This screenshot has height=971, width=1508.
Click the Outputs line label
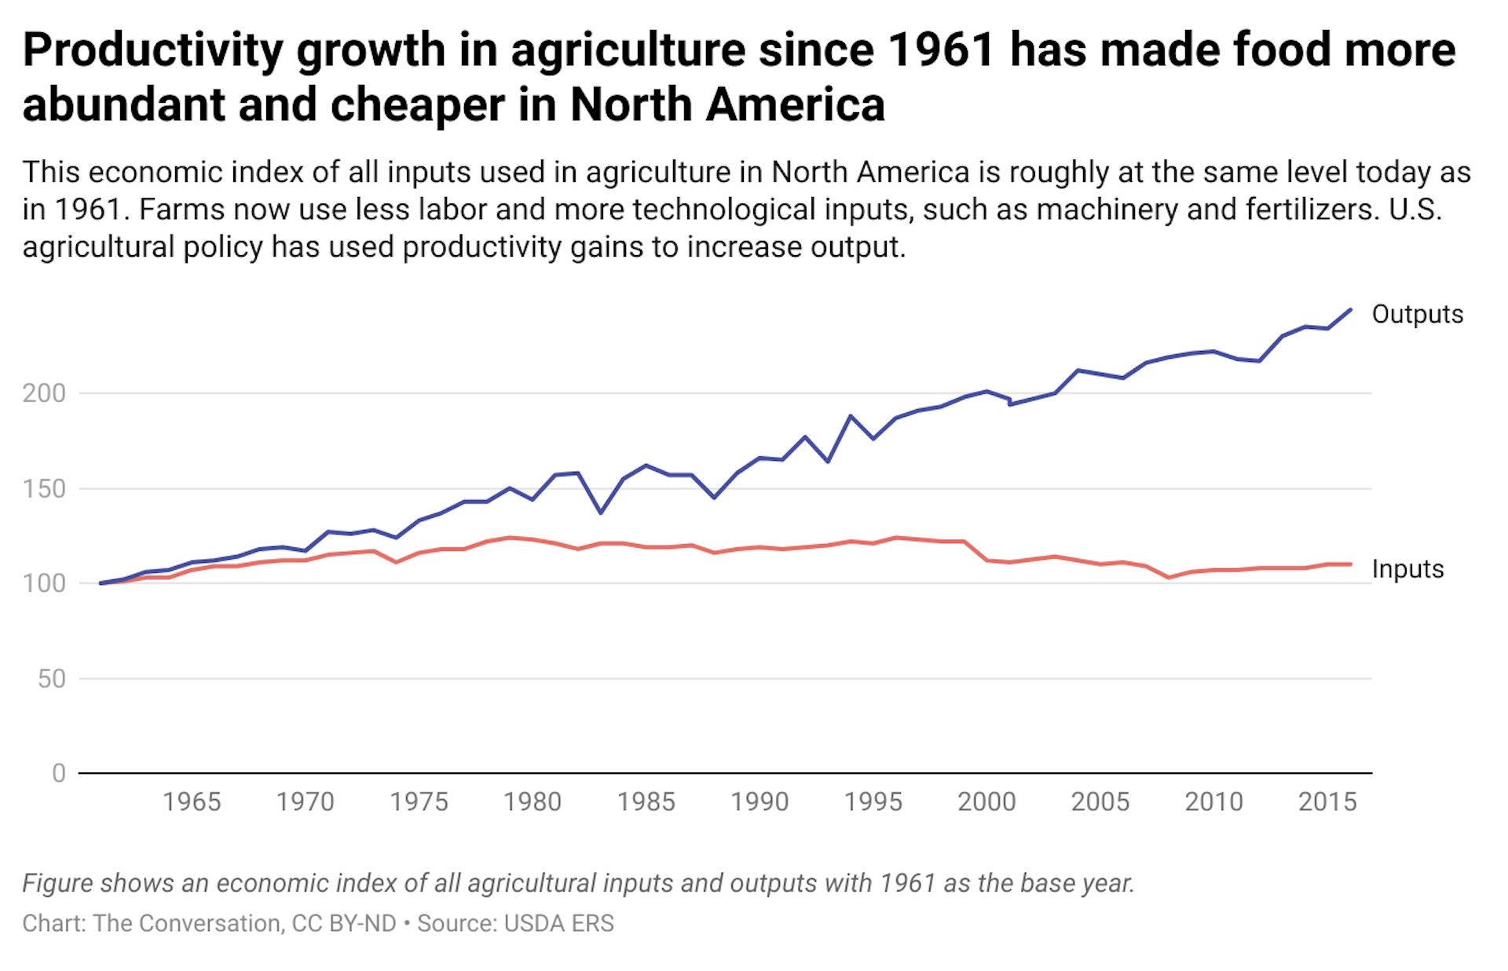(x=1417, y=314)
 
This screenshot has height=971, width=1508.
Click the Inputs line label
(x=1407, y=568)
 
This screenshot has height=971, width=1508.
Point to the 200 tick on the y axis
(x=44, y=393)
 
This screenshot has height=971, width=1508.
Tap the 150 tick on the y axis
(x=44, y=489)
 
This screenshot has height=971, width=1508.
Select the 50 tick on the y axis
(x=52, y=679)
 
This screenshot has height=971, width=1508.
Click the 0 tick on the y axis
(x=59, y=773)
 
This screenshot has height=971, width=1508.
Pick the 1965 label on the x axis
(x=192, y=801)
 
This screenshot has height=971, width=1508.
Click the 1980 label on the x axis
(x=533, y=801)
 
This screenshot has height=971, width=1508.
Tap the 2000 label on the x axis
(x=986, y=801)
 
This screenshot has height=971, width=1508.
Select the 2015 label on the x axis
(x=1327, y=801)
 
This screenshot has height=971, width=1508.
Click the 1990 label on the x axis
(x=759, y=801)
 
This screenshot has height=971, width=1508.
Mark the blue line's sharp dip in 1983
(x=601, y=513)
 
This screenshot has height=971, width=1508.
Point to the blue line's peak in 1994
(x=850, y=416)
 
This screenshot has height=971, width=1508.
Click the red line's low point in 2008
(x=1169, y=577)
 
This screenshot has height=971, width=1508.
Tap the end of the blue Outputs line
(x=1350, y=310)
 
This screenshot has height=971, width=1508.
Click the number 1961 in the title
(x=941, y=50)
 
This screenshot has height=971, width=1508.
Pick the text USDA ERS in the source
(x=558, y=923)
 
